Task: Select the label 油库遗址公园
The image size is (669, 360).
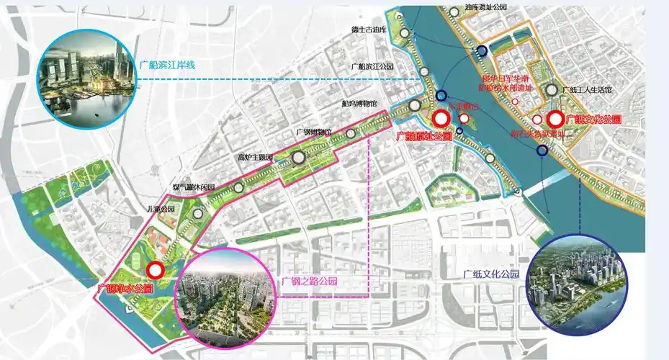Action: [x=486, y=6]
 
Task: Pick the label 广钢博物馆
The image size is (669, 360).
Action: [x=314, y=132]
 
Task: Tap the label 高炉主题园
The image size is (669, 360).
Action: [x=255, y=156]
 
